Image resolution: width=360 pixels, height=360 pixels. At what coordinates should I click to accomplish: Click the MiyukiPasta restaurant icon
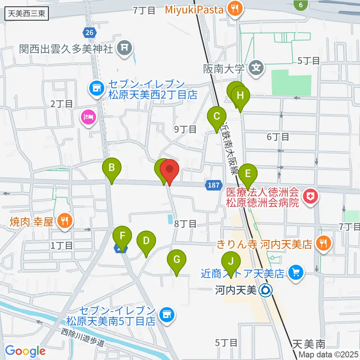click(236, 9)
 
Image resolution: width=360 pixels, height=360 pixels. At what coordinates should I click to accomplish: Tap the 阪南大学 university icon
click(256, 68)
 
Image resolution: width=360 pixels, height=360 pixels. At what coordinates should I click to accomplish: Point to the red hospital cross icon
click(310, 195)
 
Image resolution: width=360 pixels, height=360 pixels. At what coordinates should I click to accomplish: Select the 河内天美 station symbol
click(265, 289)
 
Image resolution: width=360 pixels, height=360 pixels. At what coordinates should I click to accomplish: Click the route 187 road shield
click(212, 185)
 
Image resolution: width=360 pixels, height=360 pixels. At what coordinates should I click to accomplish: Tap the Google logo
click(25, 351)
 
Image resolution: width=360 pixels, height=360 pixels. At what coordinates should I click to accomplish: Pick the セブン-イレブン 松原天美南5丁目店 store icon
click(166, 315)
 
